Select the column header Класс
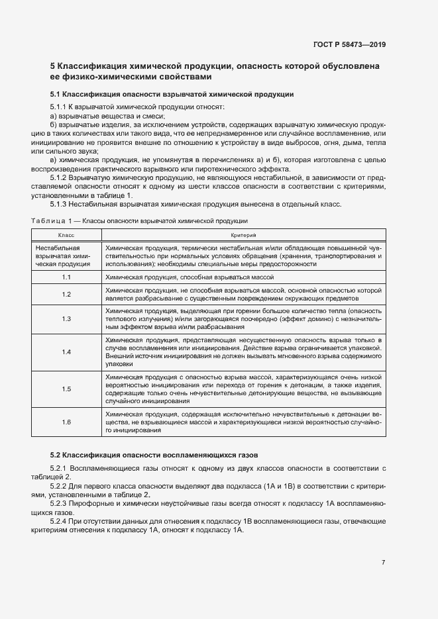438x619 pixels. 66,236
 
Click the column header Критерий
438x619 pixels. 243,236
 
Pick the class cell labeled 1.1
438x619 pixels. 66,277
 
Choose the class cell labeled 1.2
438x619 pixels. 66,294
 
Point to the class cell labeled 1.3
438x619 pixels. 66,318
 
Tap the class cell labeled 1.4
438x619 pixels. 66,352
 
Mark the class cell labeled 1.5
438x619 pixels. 66,389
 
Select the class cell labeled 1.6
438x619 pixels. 66,422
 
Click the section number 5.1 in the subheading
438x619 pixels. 56,94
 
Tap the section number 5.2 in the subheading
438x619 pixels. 56,454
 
